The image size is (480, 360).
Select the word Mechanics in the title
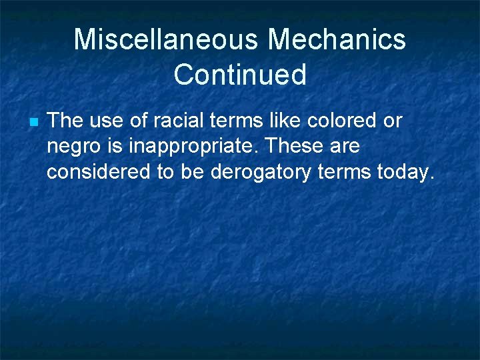336,39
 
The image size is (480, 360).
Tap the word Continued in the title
240,75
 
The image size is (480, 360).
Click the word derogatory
261,171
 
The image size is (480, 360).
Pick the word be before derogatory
194,171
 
